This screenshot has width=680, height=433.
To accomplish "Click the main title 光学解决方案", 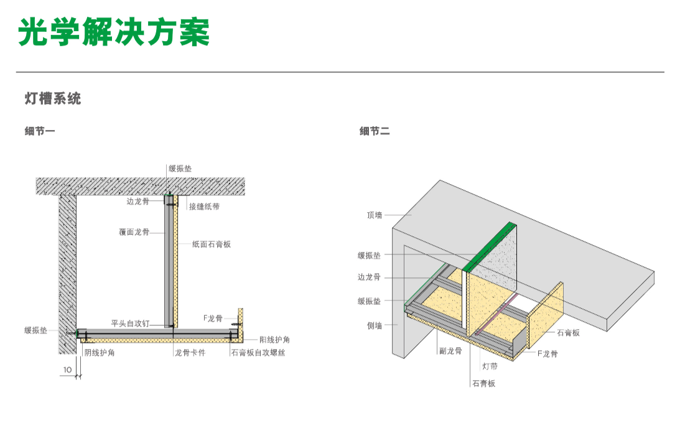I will [114, 32].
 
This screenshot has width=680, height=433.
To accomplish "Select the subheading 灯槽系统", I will [53, 99].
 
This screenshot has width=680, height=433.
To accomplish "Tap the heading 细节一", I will [40, 131].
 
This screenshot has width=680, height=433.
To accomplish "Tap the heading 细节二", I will [375, 131].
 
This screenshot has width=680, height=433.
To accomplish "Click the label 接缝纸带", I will [204, 207].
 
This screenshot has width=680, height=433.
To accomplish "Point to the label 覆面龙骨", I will [134, 232].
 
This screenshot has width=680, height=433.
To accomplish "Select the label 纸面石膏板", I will [212, 244].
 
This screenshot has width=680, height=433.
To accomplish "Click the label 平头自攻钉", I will [130, 324].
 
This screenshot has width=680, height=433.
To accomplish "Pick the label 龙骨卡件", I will [190, 353].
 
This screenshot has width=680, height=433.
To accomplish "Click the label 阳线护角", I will [274, 340].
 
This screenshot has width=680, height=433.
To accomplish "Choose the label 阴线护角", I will [100, 353].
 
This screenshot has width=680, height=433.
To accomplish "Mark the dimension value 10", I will [67, 370].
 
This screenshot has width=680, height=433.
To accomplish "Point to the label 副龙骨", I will [450, 351].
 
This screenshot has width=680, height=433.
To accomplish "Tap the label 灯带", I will [490, 367].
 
